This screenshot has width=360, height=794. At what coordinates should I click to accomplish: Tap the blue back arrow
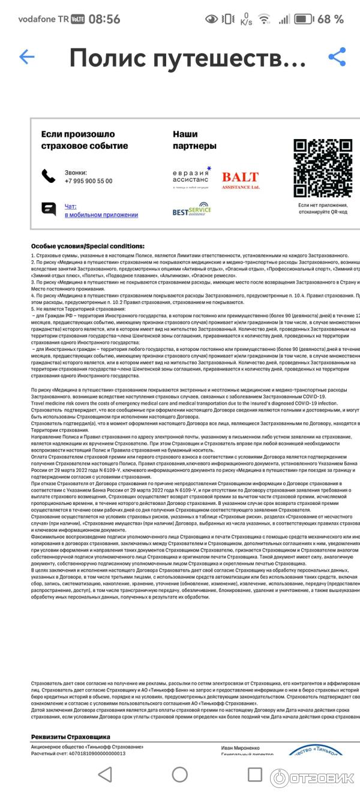click(27, 57)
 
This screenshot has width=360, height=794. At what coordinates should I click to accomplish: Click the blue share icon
click(337, 57)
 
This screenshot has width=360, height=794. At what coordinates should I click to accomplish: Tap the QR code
click(322, 168)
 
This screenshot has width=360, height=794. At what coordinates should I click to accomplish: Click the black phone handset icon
click(49, 176)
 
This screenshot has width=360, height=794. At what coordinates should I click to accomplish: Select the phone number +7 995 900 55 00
click(88, 181)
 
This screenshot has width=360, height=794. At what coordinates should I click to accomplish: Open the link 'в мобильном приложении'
click(101, 215)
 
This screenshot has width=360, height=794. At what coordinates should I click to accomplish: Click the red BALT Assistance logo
click(240, 180)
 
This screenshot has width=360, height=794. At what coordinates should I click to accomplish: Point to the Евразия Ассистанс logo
click(191, 178)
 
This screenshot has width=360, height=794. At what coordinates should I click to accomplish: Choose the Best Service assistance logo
click(191, 210)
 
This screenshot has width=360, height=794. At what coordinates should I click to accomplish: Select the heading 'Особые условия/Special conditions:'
click(88, 246)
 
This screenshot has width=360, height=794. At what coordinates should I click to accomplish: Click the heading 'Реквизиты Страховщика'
click(70, 736)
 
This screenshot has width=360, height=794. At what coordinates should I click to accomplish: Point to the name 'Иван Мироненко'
click(241, 747)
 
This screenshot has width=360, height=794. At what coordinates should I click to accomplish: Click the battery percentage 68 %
click(330, 19)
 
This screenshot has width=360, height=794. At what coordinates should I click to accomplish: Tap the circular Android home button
click(180, 774)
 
